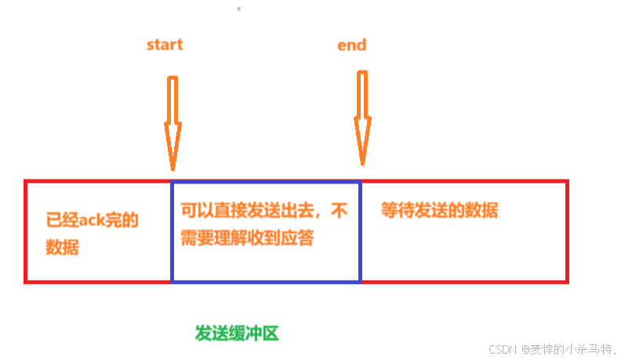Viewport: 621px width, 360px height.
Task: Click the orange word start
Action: (165, 45)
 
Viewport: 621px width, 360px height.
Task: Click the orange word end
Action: (351, 45)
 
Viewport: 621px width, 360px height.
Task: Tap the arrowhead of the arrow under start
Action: (172, 153)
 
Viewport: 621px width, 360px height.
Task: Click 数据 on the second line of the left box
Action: (62, 248)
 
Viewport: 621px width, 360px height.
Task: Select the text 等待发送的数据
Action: (440, 211)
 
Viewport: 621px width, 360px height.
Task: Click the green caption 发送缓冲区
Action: (237, 333)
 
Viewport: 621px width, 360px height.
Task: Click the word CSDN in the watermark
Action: (501, 349)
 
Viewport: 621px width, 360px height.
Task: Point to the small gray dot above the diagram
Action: (238, 9)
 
